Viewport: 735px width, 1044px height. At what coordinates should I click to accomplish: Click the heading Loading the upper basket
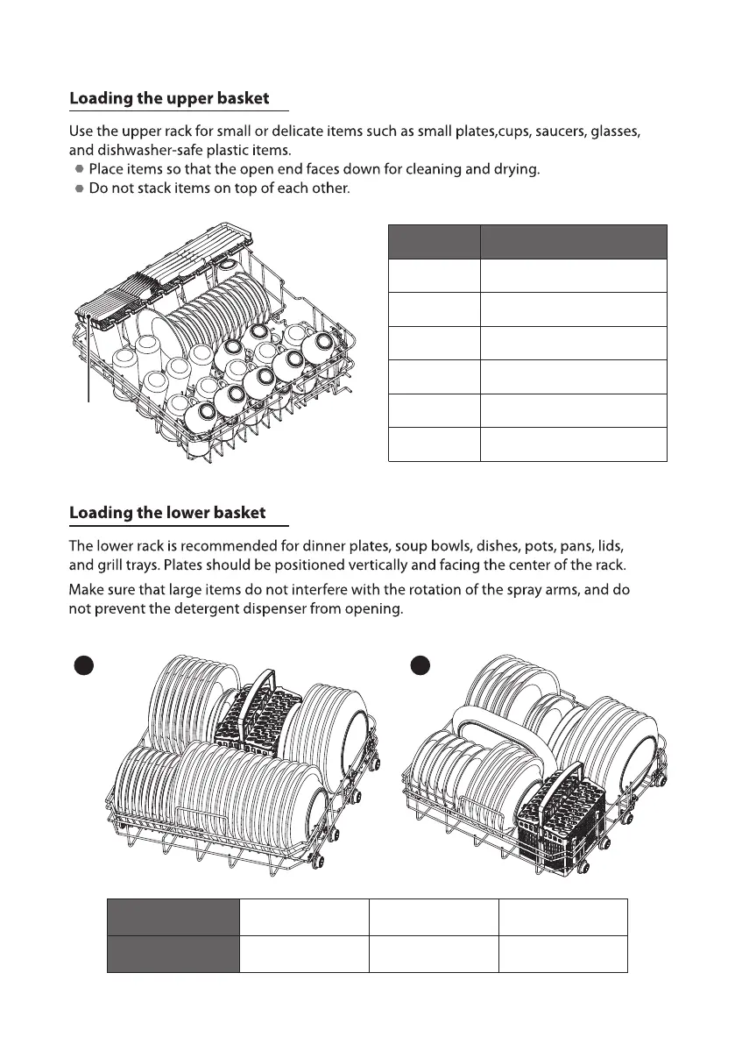pyautogui.click(x=169, y=99)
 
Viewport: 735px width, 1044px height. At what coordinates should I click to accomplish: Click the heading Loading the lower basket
pyautogui.click(x=167, y=512)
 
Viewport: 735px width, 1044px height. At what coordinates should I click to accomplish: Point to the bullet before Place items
pyautogui.click(x=80, y=168)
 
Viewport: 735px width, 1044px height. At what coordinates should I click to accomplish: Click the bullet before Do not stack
pyautogui.click(x=80, y=188)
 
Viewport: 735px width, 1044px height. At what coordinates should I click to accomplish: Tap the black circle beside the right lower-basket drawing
pyautogui.click(x=420, y=666)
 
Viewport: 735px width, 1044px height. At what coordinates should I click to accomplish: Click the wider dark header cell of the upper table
pyautogui.click(x=573, y=242)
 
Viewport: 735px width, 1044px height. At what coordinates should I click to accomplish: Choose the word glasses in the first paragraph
pyautogui.click(x=618, y=131)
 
